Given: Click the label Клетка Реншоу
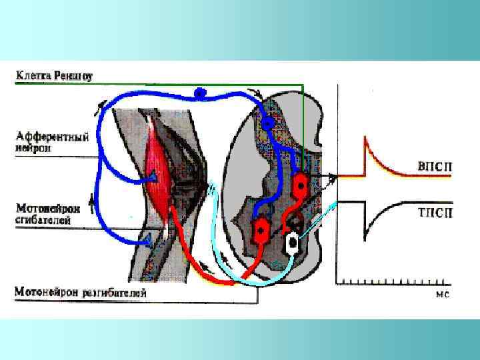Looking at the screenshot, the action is click(x=54, y=75).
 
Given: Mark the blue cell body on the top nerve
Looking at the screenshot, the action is click(x=199, y=93).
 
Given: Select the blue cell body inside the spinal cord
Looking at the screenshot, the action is click(x=268, y=123).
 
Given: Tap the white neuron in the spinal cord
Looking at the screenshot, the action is click(x=291, y=243).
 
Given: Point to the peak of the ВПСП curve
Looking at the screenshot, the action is click(x=365, y=137).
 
